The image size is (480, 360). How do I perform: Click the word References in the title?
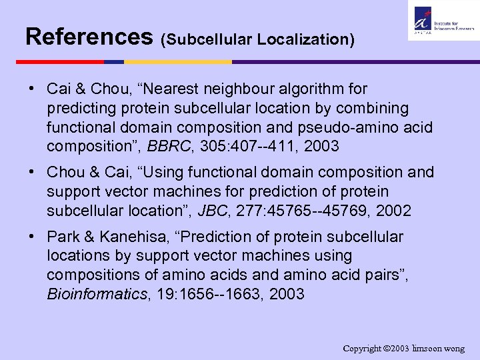pos(89,36)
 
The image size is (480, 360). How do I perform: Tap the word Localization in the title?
pos(304,40)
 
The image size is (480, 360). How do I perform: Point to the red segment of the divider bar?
pos(59,62)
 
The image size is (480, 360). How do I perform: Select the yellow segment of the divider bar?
pos(177,62)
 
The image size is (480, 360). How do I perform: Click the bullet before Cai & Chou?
pos(32,89)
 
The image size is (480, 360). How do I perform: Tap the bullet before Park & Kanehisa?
pos(32,237)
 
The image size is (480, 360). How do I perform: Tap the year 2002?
pos(393,211)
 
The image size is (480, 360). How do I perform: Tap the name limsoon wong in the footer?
pos(439,349)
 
